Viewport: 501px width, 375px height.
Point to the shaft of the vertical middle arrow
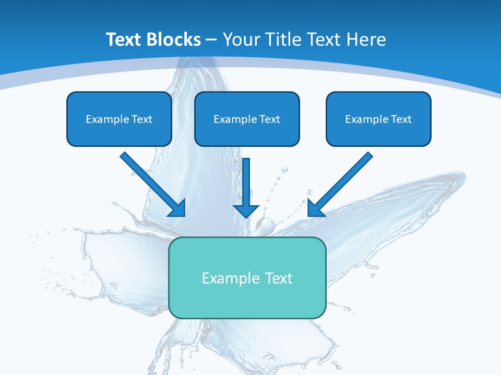246,180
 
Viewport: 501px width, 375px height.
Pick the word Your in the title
241,40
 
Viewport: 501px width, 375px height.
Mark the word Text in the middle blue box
270,119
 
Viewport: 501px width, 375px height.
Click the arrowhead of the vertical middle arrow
246,210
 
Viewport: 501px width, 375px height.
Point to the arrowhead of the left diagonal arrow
177,208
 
